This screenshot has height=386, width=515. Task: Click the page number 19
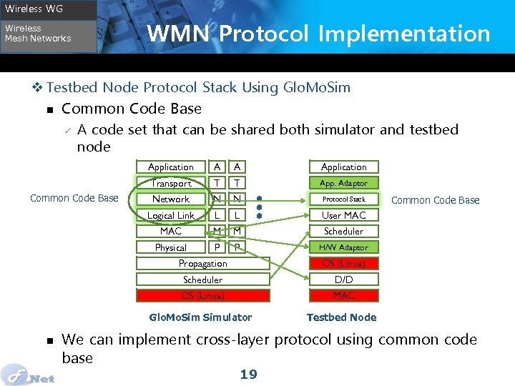[x=248, y=374]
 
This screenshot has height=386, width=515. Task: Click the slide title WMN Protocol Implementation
[x=318, y=34]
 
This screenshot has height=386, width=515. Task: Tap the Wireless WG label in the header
[x=34, y=9]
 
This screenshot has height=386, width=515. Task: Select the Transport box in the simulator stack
[x=170, y=183]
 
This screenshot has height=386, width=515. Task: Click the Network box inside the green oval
[x=170, y=199]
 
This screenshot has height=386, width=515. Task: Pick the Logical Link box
[x=170, y=215]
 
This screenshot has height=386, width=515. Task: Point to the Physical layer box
[x=170, y=247]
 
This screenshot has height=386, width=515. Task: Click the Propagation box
[x=202, y=264]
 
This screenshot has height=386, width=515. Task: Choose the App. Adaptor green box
[x=343, y=183]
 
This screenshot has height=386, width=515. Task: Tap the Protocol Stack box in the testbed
[x=343, y=199]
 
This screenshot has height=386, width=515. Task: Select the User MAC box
[x=343, y=215]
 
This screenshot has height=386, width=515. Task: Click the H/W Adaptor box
[x=343, y=247]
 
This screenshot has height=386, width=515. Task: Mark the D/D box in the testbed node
[x=343, y=279]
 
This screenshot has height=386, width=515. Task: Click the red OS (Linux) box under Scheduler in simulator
[x=202, y=295]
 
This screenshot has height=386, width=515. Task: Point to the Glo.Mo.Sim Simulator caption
[x=200, y=317]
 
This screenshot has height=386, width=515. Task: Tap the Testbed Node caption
[x=341, y=317]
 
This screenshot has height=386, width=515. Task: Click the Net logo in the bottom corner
[x=29, y=375]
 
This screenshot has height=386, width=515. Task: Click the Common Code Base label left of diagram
[x=74, y=198]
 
